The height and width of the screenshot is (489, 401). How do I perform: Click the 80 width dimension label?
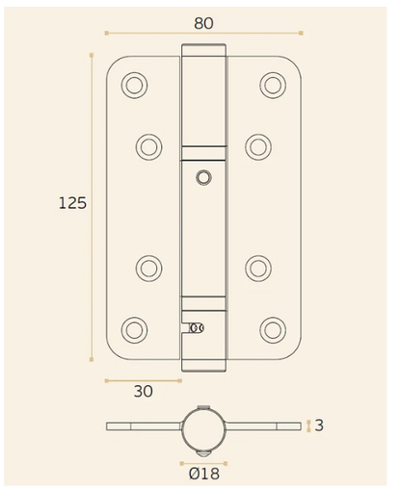[203, 23]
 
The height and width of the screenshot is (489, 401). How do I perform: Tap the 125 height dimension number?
[72, 203]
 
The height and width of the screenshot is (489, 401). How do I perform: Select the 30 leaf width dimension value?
[144, 392]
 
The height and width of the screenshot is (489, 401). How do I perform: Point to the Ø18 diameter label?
[204, 474]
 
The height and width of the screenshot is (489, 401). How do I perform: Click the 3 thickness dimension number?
[319, 425]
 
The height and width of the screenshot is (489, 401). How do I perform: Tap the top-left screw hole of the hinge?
[135, 85]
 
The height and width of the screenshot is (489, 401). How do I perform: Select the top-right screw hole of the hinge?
[273, 85]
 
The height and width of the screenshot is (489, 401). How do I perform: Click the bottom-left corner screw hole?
[135, 330]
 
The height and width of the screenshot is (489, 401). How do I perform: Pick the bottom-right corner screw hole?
[273, 330]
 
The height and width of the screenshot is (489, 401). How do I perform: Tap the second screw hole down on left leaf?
[148, 147]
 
